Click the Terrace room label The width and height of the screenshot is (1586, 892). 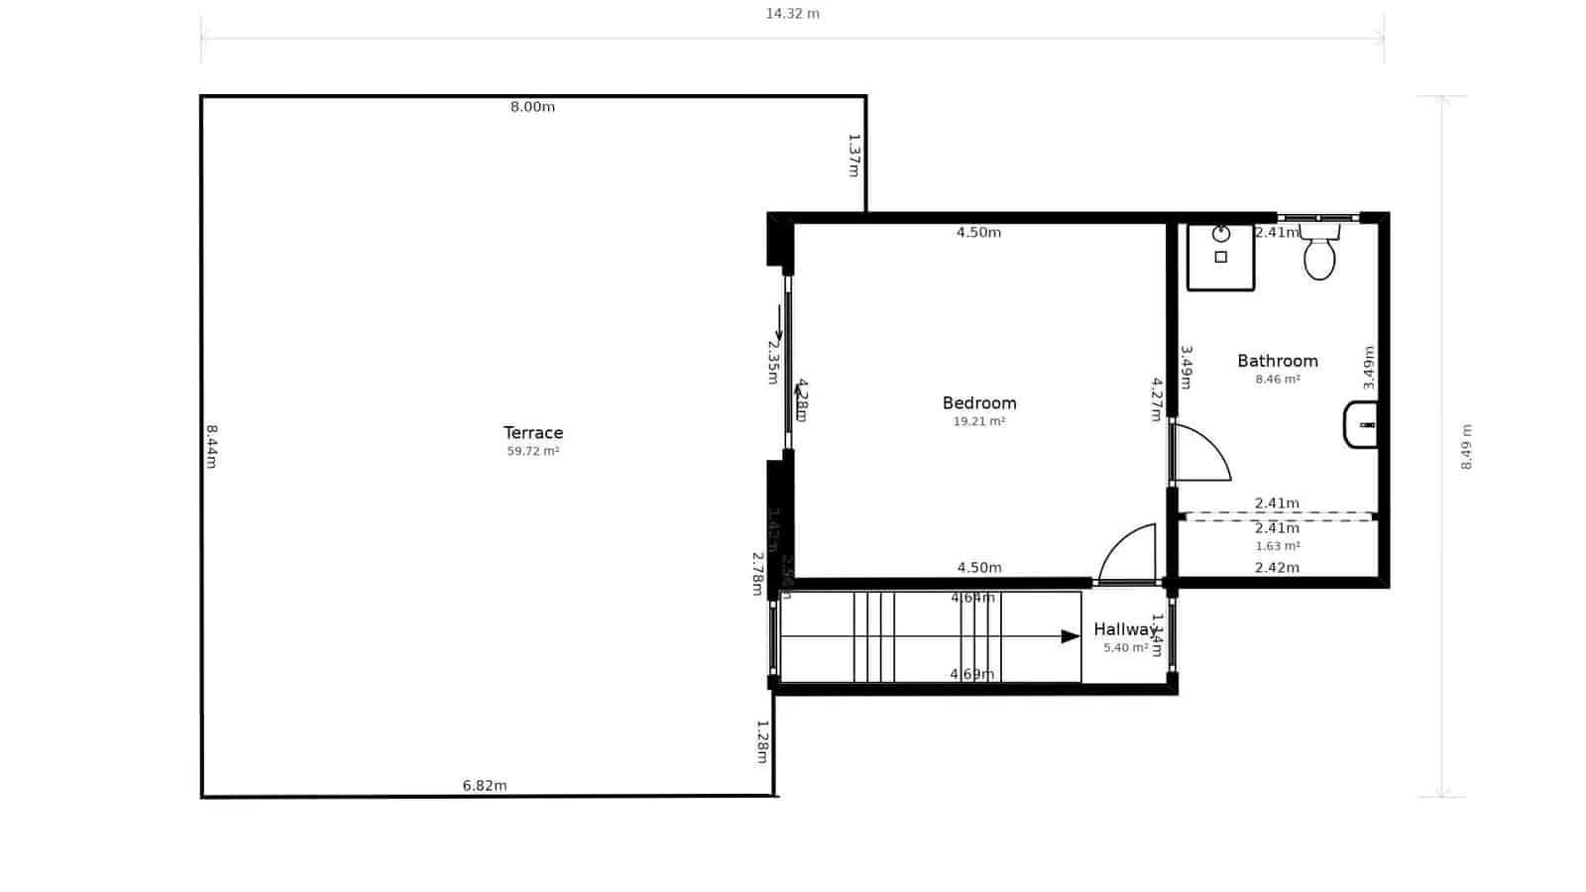pos(533,432)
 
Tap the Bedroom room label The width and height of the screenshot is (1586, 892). pos(979,402)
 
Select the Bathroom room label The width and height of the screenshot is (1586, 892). pos(1278,361)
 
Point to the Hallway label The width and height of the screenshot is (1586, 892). pos(1125,629)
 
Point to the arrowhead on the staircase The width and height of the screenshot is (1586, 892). pos(1071,636)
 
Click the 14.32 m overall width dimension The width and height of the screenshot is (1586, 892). pos(792,14)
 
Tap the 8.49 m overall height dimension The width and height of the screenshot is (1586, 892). pos(1467,446)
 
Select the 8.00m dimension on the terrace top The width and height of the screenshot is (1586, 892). pos(532,107)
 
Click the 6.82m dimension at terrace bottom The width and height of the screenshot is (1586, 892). pos(485,786)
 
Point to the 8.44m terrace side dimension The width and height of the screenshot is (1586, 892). pos(211,446)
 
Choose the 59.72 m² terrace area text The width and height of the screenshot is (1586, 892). pos(533,451)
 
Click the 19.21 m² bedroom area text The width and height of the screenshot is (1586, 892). pos(979,421)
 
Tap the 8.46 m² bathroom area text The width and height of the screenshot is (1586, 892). pos(1278,380)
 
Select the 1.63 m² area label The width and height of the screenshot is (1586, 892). pos(1278,546)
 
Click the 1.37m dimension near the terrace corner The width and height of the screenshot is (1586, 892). pos(853,155)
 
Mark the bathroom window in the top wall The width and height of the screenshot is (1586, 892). pos(1317,218)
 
